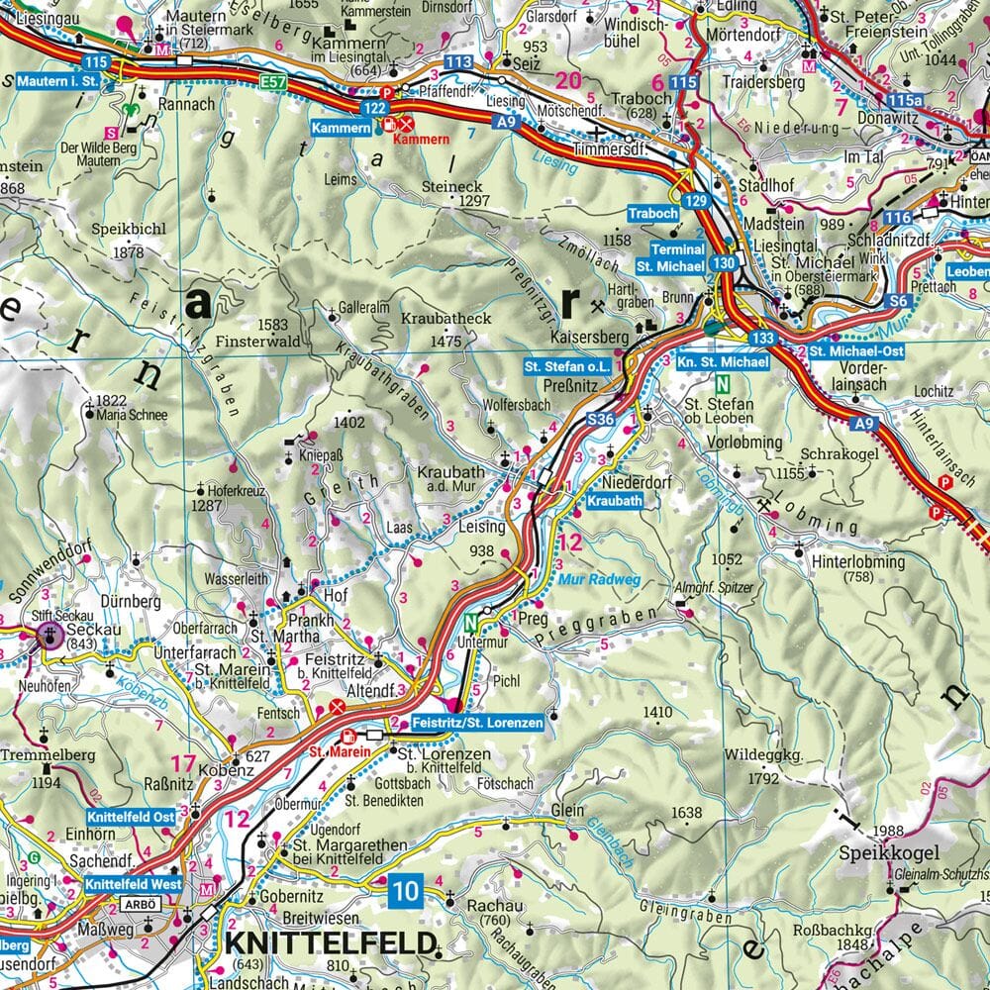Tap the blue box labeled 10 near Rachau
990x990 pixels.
point(406,890)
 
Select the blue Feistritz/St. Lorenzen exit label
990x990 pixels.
point(476,724)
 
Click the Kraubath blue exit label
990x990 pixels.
point(614,502)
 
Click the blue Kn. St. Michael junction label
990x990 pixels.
point(723,363)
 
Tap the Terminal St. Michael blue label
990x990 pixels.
point(670,258)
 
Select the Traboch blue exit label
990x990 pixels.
point(652,213)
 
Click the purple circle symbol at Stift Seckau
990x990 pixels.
point(50,635)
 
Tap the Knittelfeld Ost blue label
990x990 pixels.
point(131,817)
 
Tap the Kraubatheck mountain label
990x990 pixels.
point(446,319)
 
